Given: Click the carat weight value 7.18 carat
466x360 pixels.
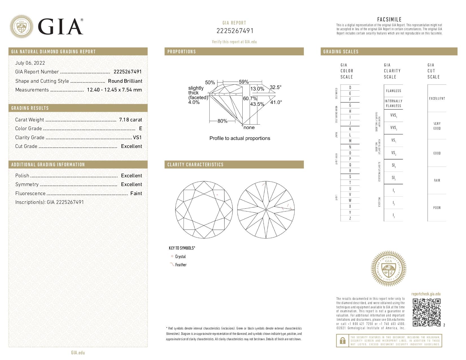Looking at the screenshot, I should pos(130,120).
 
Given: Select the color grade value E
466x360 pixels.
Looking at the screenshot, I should pos(141,128).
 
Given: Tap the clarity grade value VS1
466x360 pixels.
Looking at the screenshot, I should pos(137,138).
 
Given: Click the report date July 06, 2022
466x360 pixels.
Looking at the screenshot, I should pos(30,63).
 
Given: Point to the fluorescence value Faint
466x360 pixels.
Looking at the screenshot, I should pos(136,193).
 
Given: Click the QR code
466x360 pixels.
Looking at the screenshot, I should pos(426,312).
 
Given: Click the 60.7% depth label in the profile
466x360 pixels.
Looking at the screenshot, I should pos(250,99).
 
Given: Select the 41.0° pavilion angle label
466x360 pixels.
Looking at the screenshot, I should pos(276,102).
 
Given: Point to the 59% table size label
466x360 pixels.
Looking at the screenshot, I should pos(244,82).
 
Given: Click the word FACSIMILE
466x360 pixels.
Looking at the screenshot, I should pos(389,19).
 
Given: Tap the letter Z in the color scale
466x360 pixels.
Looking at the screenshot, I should pos(350,218).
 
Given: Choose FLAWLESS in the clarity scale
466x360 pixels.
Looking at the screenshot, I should pos(393,91).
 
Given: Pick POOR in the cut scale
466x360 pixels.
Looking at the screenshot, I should pos(437,208).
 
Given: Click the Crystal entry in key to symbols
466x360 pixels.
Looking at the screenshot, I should pos(180,257).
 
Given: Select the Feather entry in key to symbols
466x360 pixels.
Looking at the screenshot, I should pos(181,265).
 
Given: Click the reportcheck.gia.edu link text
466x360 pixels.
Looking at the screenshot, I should pos(426,294).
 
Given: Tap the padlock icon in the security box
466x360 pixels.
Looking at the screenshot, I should pos(342,341).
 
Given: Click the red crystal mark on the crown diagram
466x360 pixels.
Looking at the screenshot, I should pos(217,195).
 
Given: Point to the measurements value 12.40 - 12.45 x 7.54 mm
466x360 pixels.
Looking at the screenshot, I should pos(114,90).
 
